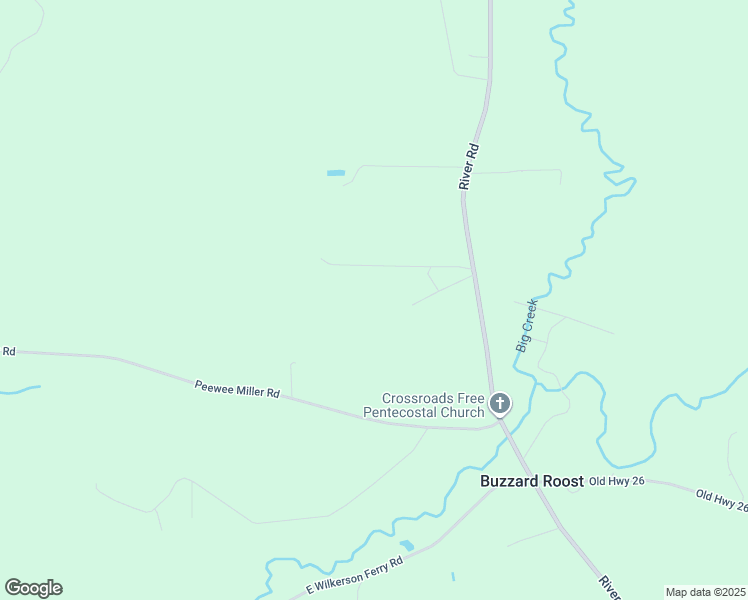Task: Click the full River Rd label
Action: click(470, 166)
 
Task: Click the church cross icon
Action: click(500, 404)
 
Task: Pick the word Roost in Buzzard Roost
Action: click(562, 481)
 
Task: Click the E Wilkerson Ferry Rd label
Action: click(354, 577)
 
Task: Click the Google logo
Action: click(33, 588)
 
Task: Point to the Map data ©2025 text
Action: click(705, 592)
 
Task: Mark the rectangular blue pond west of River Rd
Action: click(336, 173)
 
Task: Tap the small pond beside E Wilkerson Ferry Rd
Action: click(407, 545)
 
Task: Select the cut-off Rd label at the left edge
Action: click(8, 351)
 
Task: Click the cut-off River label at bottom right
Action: click(608, 586)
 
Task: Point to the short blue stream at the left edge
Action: click(20, 389)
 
